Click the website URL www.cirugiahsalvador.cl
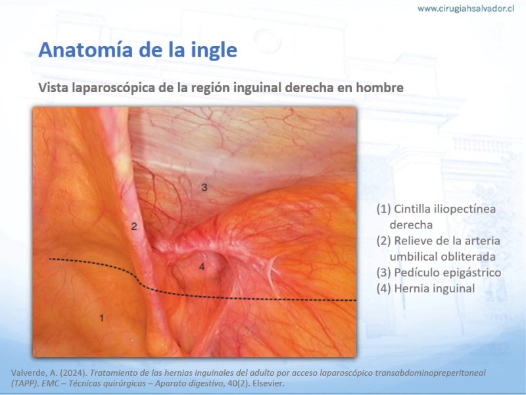tap(466, 9)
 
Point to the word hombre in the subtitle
tap(379, 88)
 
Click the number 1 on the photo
tap(102, 318)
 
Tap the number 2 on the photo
tap(134, 226)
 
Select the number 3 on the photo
tap(204, 187)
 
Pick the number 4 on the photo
tap(202, 267)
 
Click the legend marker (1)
tap(384, 209)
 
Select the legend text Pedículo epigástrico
tap(448, 273)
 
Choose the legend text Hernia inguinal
tap(435, 288)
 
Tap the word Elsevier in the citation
tap(268, 383)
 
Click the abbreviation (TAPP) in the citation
tap(25, 383)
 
